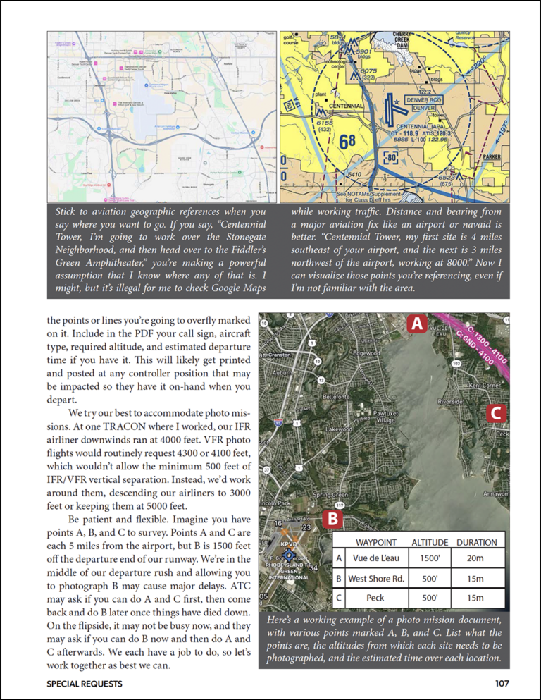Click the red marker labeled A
(417, 324)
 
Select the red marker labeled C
(496, 414)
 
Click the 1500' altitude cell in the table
(429, 558)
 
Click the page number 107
(501, 683)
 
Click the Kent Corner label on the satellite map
(485, 386)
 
